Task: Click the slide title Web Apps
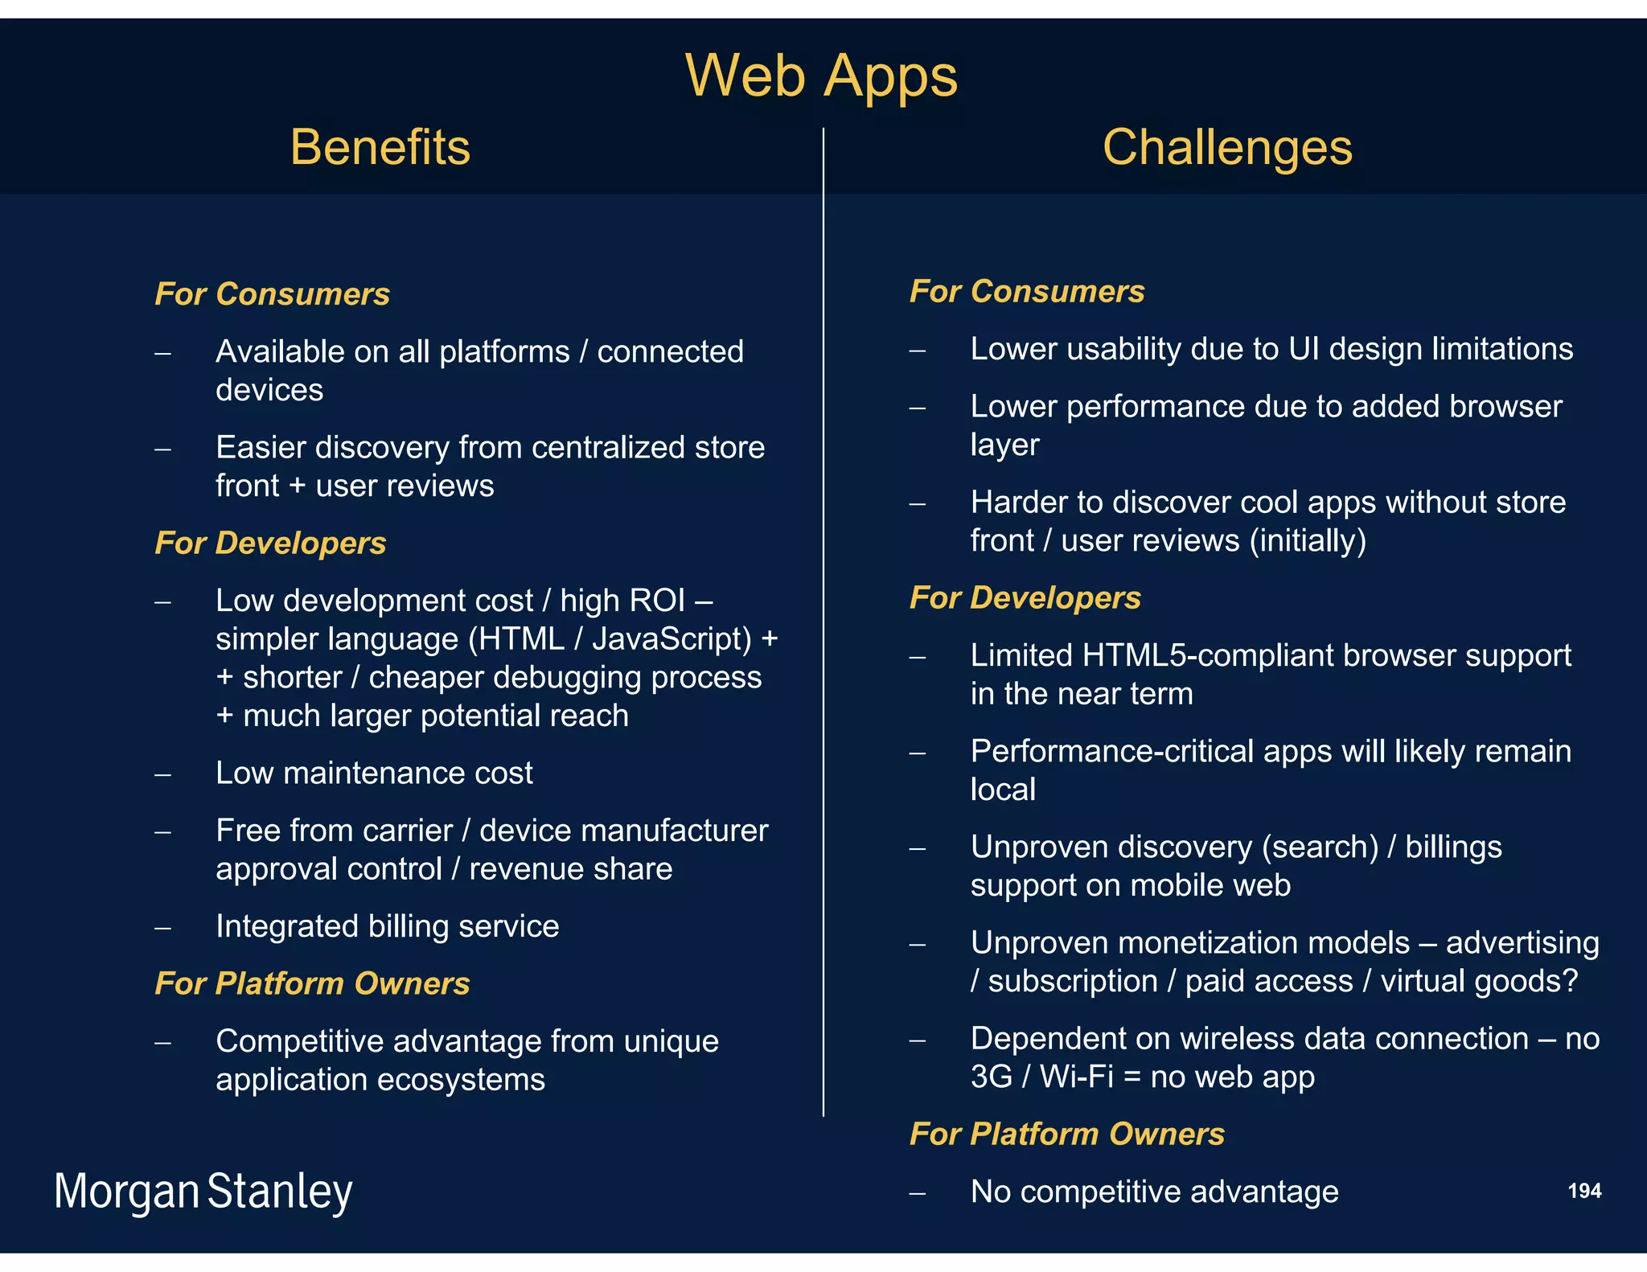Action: (x=821, y=76)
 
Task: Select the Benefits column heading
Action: (x=380, y=147)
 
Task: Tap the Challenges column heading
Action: (x=1227, y=147)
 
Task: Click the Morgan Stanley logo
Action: (x=203, y=1192)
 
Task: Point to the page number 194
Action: (x=1584, y=1191)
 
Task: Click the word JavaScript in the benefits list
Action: (x=672, y=639)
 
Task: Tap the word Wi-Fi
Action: (x=1077, y=1077)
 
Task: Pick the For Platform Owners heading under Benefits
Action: (x=312, y=983)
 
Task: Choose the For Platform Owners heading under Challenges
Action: (x=1066, y=1134)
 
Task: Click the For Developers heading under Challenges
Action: (x=1025, y=597)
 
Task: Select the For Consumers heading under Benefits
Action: (x=272, y=293)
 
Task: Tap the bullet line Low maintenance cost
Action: (x=374, y=773)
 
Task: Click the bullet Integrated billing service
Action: (x=387, y=926)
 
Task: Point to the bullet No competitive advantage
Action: (x=1154, y=1192)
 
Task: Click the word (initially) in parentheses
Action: (x=1308, y=540)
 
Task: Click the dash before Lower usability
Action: (x=918, y=350)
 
